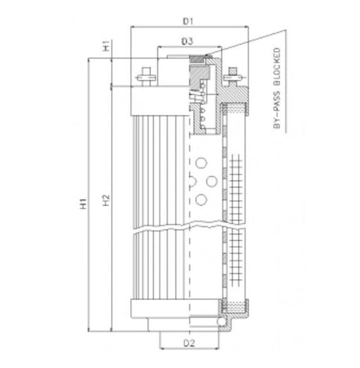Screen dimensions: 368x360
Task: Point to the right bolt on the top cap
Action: [x=232, y=78]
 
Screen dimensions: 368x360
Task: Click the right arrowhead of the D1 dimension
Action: [x=248, y=25]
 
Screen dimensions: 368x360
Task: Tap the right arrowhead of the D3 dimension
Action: [x=214, y=47]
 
